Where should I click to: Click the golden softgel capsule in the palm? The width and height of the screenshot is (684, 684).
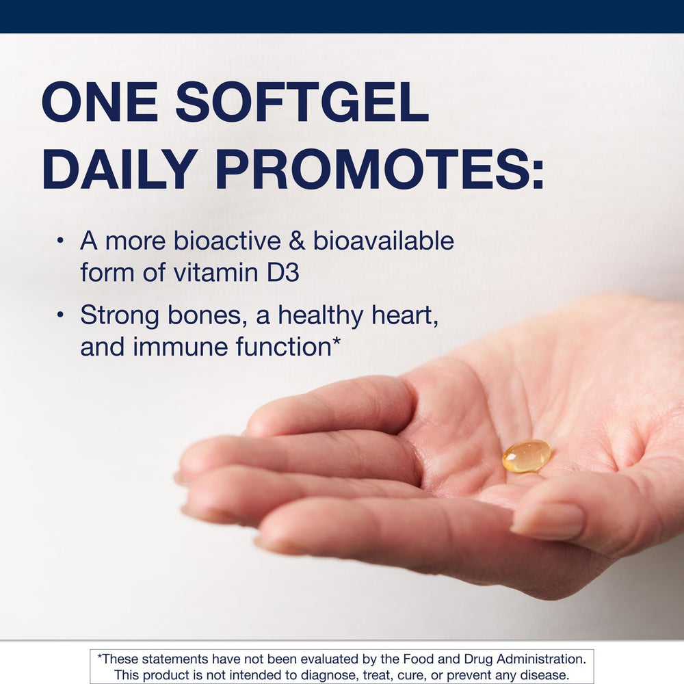pyautogui.click(x=527, y=456)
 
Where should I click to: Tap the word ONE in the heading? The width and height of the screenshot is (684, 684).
pyautogui.click(x=99, y=103)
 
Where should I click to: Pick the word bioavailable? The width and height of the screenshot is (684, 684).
pyautogui.click(x=384, y=241)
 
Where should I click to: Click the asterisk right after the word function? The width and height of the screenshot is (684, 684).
pyautogui.click(x=336, y=342)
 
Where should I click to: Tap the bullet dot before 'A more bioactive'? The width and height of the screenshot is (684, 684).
pyautogui.click(x=61, y=241)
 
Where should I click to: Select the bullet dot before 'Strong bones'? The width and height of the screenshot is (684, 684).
pyautogui.click(x=61, y=316)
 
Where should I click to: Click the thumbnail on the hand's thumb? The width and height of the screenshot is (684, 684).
pyautogui.click(x=548, y=522)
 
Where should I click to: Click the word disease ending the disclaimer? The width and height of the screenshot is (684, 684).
pyautogui.click(x=543, y=675)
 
